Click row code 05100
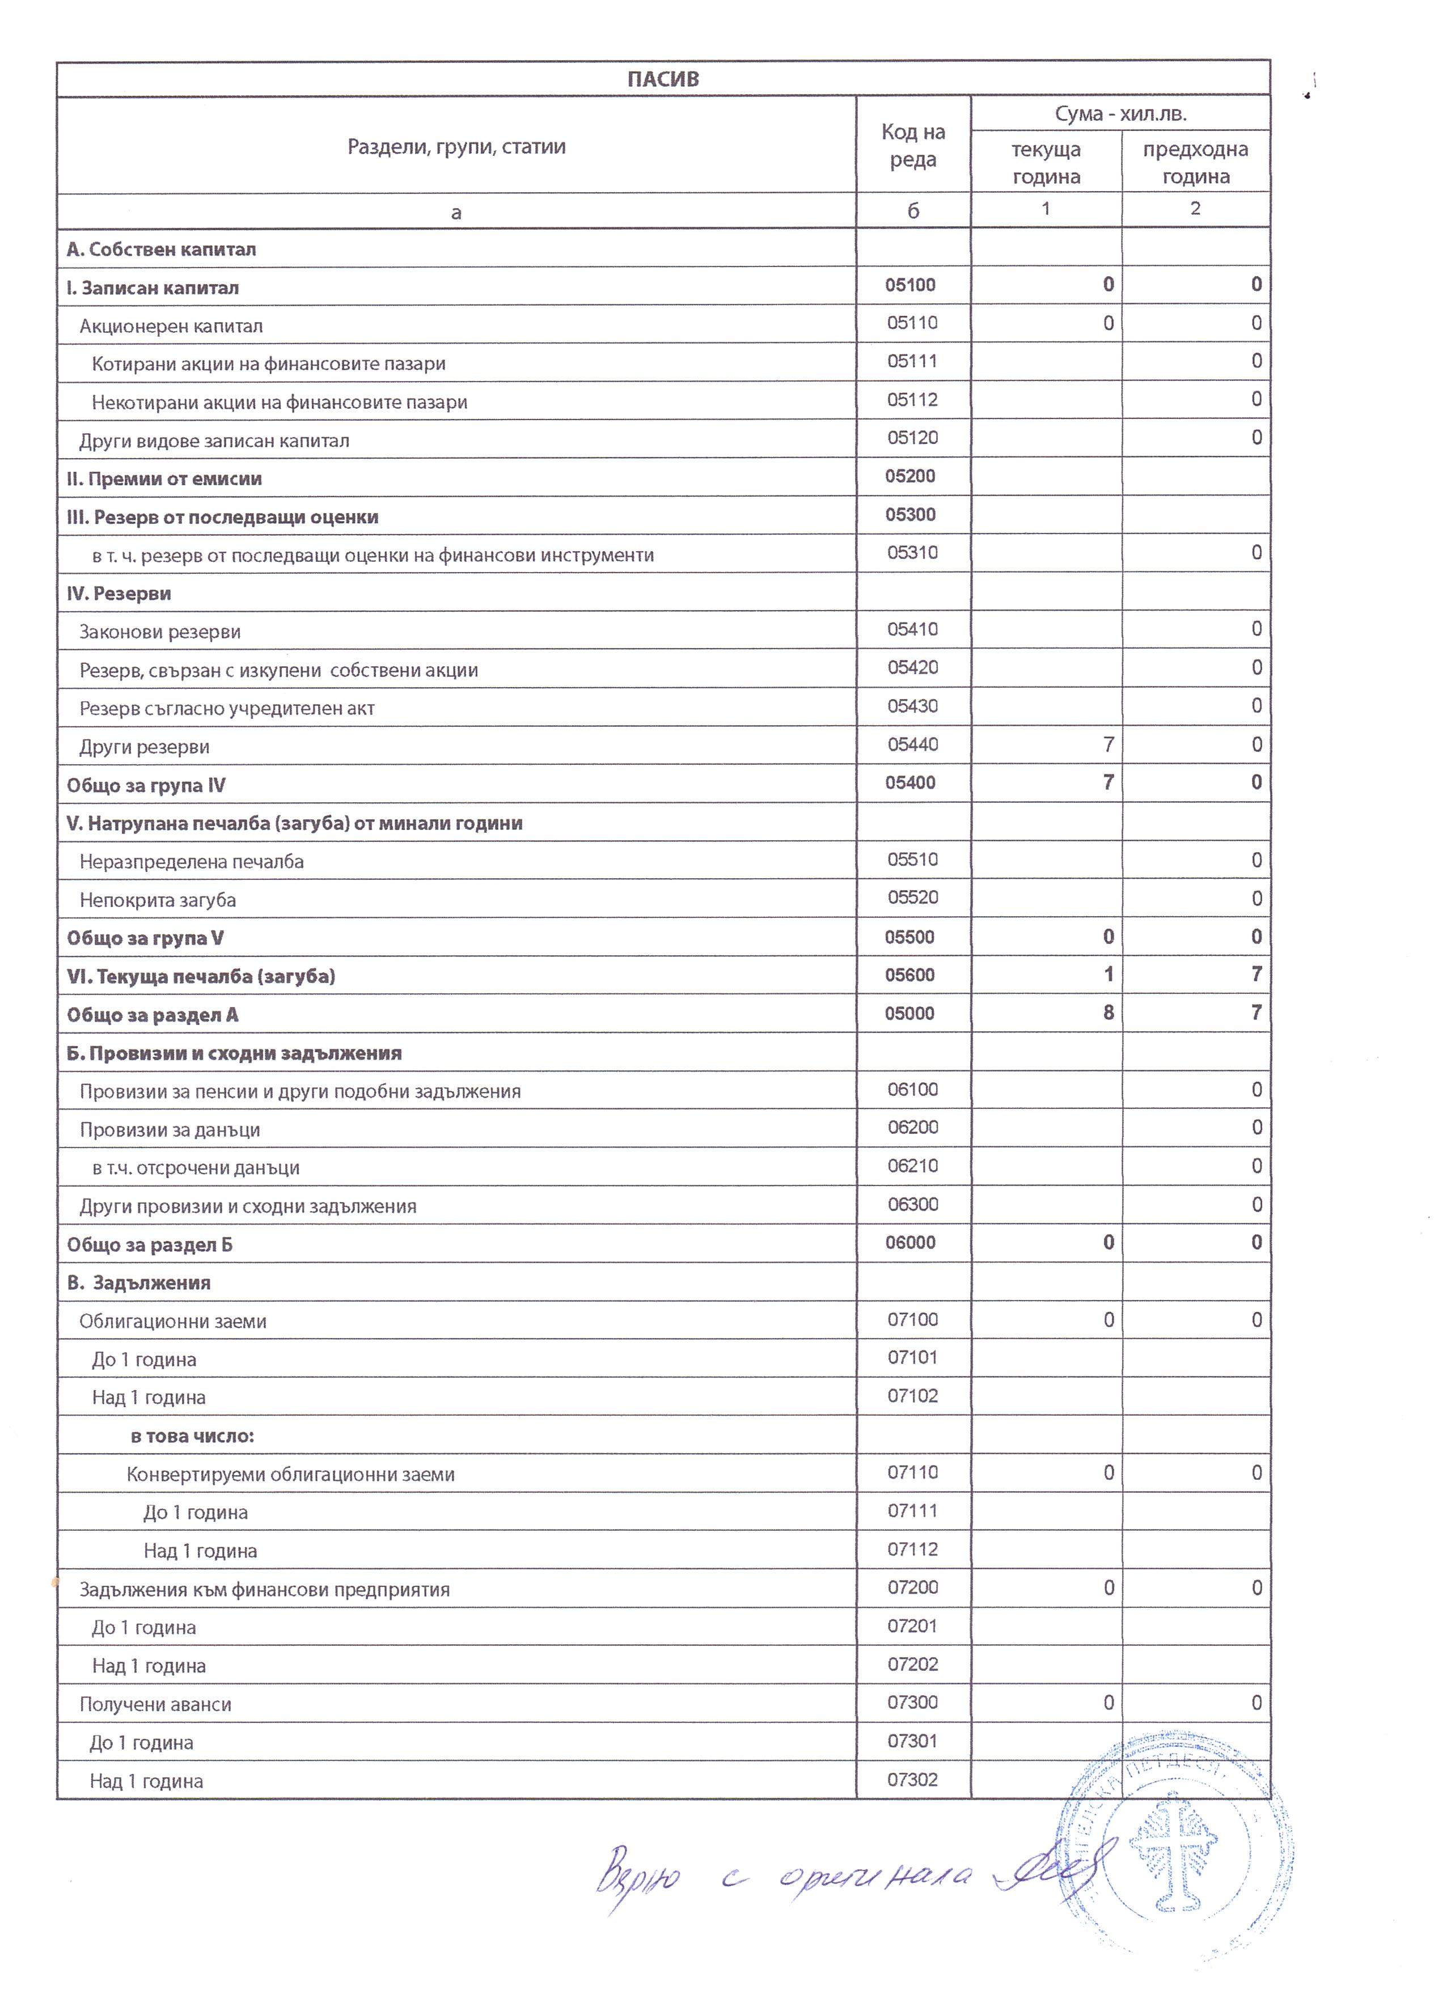tap(911, 285)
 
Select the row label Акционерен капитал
tap(171, 327)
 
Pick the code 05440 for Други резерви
tap(913, 745)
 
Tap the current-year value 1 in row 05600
tap(1108, 974)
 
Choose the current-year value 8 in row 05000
tap(1108, 1013)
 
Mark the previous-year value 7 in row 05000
tap(1256, 1013)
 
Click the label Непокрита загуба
tap(158, 900)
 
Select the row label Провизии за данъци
tap(170, 1130)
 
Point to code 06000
tap(911, 1242)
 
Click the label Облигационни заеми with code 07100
tap(173, 1322)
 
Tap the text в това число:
tap(192, 1436)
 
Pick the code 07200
tap(913, 1587)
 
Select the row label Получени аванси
tap(155, 1705)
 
